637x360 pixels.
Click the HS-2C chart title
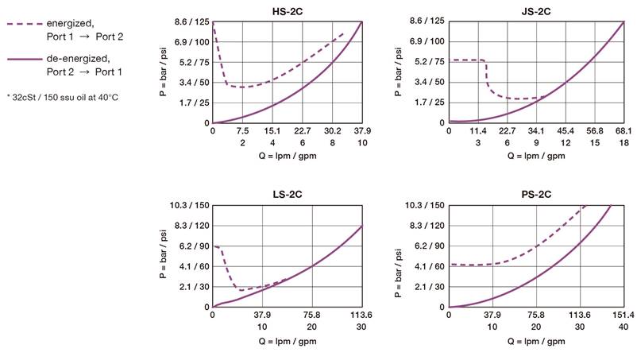coord(287,10)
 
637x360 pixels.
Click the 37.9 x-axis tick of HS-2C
coord(362,131)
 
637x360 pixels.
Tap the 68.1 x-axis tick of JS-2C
coord(623,131)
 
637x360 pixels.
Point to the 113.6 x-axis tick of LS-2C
coord(362,315)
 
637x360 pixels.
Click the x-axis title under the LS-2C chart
coord(287,341)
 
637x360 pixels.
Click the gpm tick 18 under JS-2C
coord(623,143)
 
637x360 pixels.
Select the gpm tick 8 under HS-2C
coord(333,143)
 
